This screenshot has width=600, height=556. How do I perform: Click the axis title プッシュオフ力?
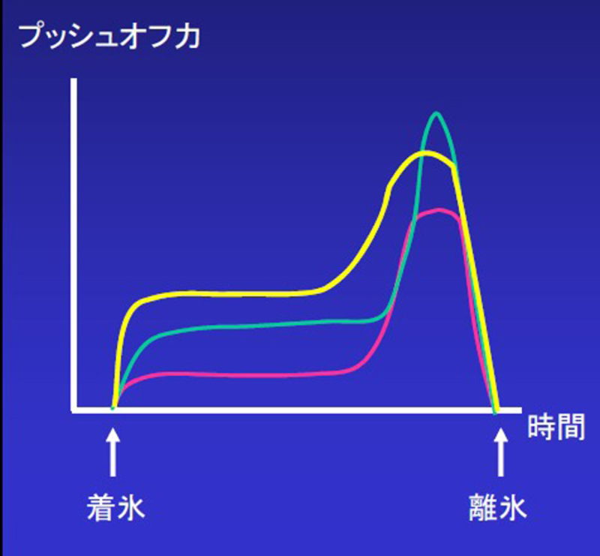pyautogui.click(x=109, y=37)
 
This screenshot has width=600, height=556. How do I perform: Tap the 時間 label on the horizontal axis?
pyautogui.click(x=556, y=427)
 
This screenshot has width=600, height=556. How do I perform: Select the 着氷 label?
pyautogui.click(x=116, y=507)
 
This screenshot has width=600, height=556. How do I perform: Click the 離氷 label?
pyautogui.click(x=498, y=507)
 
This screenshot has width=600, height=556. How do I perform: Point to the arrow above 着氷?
pyautogui.click(x=113, y=452)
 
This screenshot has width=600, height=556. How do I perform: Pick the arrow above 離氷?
pyautogui.click(x=500, y=452)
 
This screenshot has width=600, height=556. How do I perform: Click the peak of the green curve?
pyautogui.click(x=436, y=113)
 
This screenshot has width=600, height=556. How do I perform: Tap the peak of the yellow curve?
pyautogui.click(x=425, y=154)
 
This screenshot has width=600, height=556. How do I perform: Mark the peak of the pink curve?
pyautogui.click(x=440, y=210)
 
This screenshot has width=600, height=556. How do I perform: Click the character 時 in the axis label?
pyautogui.click(x=541, y=427)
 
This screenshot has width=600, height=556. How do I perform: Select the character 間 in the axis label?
pyautogui.click(x=571, y=427)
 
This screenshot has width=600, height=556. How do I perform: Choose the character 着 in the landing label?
pyautogui.click(x=101, y=507)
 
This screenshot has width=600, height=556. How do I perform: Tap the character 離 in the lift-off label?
pyautogui.click(x=483, y=507)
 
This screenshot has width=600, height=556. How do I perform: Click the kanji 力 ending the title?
pyautogui.click(x=188, y=37)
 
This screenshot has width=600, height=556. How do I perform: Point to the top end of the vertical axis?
pyautogui.click(x=73, y=80)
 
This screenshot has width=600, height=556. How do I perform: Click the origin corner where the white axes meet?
pyautogui.click(x=74, y=410)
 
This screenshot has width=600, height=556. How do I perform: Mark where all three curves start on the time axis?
pyautogui.click(x=113, y=409)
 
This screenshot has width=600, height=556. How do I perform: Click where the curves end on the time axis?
pyautogui.click(x=496, y=411)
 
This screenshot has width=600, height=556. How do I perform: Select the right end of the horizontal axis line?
pyautogui.click(x=520, y=410)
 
